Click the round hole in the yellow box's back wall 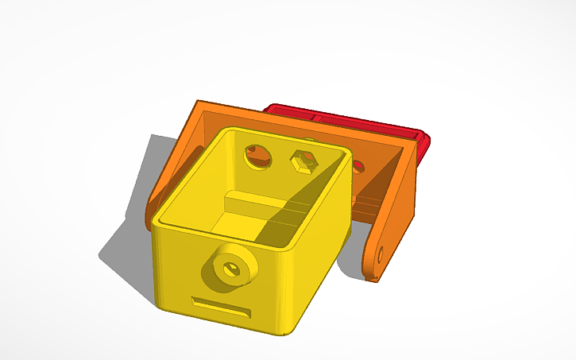tap(257, 155)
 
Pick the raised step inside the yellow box tap(262, 203)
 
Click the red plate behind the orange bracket tap(350, 123)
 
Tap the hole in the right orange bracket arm tap(381, 255)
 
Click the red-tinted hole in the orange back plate tap(358, 167)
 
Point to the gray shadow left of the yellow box tap(127, 238)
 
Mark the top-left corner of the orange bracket tap(198, 103)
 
